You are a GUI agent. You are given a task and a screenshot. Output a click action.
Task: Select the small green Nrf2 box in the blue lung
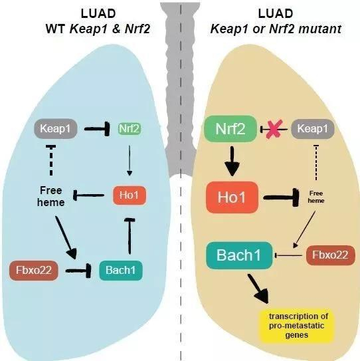(x=130, y=129)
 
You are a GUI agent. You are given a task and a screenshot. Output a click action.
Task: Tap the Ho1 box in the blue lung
(x=128, y=195)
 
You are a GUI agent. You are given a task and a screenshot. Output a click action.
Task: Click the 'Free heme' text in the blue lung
(x=51, y=195)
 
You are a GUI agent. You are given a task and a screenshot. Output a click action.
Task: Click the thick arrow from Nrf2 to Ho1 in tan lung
(x=230, y=161)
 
